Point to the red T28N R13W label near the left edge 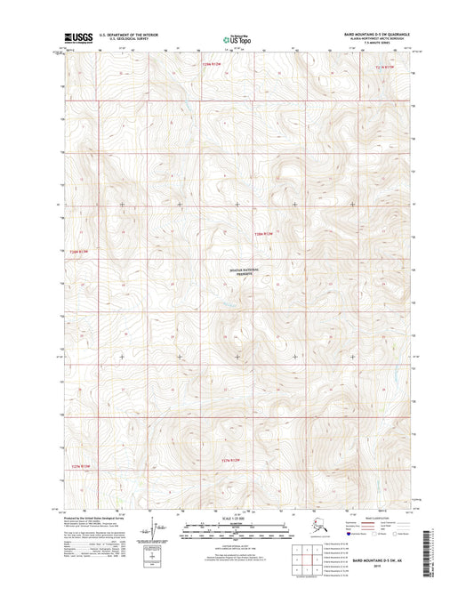point(79,252)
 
